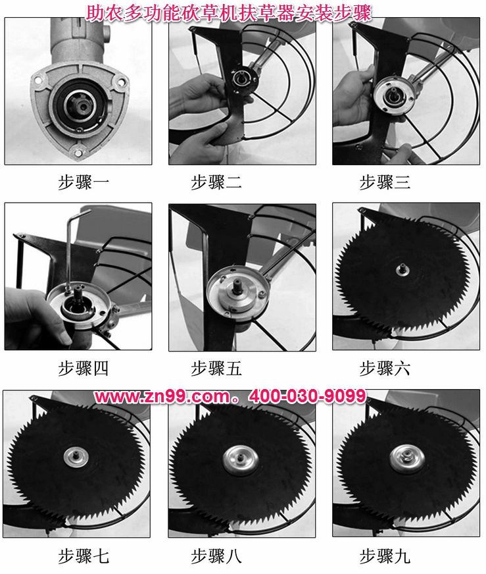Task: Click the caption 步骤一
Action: [84, 182]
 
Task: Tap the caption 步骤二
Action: [216, 182]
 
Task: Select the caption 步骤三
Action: [385, 182]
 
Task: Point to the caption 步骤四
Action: [84, 368]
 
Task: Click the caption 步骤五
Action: [216, 368]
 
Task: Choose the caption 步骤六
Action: [385, 368]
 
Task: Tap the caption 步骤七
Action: [84, 556]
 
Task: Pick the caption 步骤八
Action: [216, 556]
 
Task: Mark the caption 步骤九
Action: [385, 556]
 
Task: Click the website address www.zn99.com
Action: [162, 396]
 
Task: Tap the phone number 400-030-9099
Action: [308, 396]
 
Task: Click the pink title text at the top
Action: [229, 13]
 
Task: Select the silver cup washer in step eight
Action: [241, 460]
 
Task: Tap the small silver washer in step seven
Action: [76, 457]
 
